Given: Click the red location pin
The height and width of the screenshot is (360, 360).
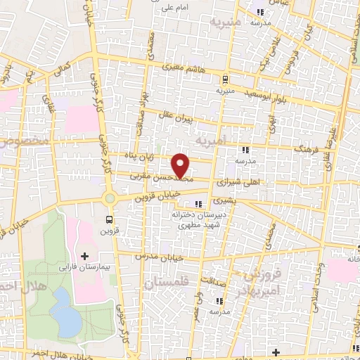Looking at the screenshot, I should pos(181,165).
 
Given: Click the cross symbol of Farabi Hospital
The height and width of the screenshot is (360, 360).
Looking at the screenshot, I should pos(85,255).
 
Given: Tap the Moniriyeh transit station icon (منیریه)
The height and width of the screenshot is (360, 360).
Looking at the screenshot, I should pos(225,79).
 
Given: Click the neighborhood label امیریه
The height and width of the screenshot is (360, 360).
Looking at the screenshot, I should pos(213,140).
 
